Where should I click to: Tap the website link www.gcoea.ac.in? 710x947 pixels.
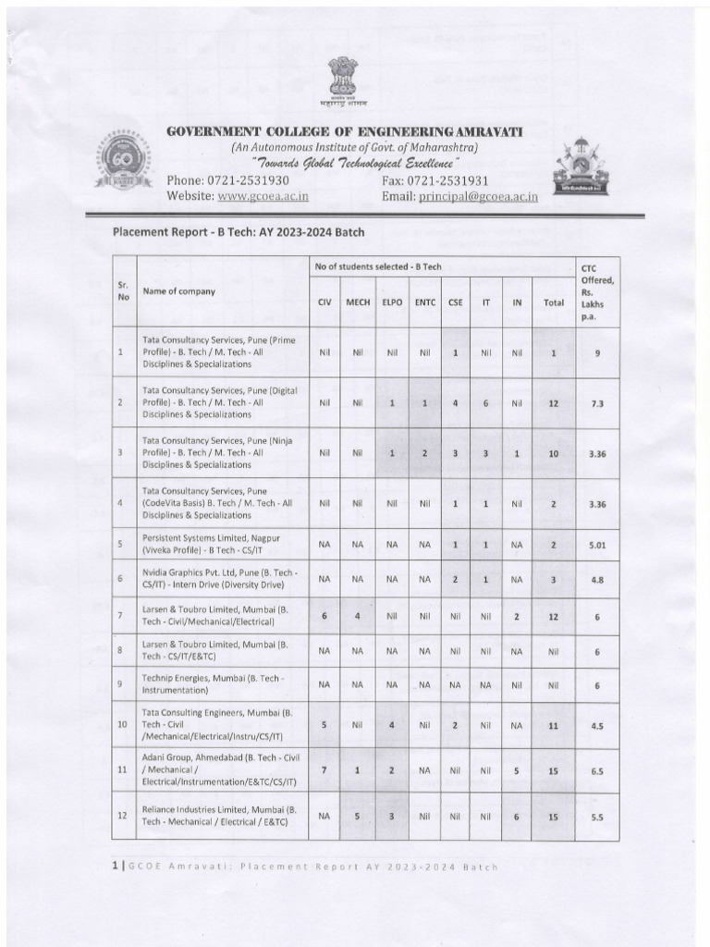263,196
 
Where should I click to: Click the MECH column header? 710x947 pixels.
358,301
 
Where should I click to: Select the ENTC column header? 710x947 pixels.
425,301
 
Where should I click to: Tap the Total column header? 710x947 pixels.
553,301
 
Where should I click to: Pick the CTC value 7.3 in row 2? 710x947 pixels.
597,403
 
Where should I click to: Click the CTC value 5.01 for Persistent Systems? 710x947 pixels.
597,546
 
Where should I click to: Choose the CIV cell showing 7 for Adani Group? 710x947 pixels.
324,769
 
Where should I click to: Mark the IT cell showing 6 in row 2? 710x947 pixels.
484,403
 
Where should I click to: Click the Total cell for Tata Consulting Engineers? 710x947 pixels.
553,727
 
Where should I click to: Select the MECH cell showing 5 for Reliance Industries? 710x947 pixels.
358,818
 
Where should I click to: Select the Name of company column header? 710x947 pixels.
178,291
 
